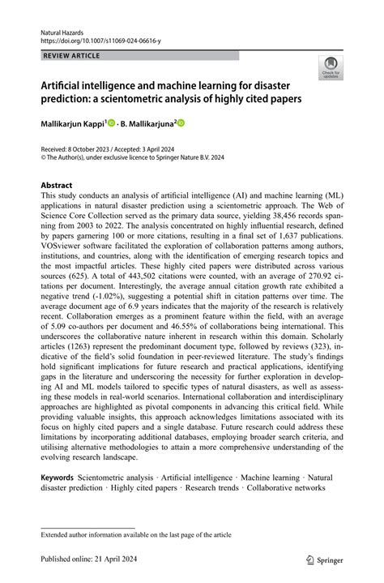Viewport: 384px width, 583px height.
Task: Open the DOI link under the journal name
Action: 93,38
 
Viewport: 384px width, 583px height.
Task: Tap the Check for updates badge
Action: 330,67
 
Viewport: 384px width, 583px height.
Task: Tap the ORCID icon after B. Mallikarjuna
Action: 181,123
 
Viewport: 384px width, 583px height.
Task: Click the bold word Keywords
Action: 58,478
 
